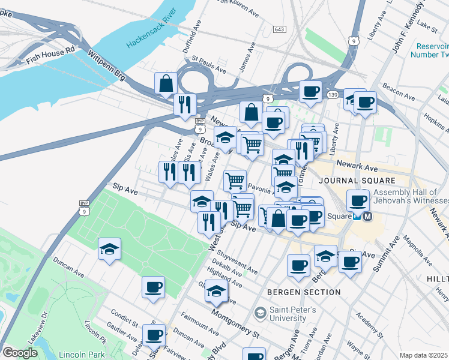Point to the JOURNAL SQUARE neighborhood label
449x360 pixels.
click(x=357, y=181)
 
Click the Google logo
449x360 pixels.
click(x=19, y=353)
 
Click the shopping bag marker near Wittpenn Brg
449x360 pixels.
click(x=166, y=84)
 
